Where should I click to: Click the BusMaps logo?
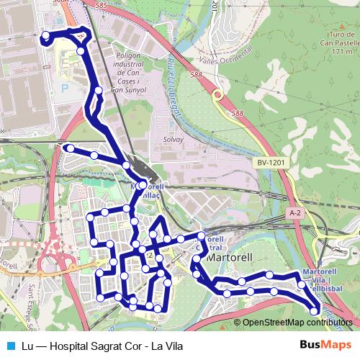coord(325,346)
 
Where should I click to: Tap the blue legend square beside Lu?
coord(9,346)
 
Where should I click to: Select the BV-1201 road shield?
coord(271,163)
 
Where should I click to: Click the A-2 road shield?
coord(294,213)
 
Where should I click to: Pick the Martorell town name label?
coord(228,257)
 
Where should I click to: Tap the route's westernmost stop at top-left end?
coord(46,35)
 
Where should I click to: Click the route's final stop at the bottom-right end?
coord(315,310)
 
